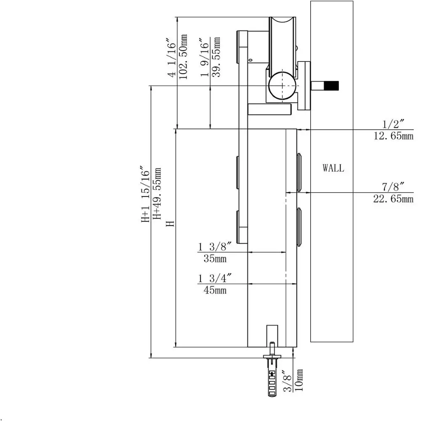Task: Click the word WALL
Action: click(333, 168)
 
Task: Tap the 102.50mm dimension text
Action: click(183, 57)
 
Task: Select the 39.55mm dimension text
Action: click(216, 57)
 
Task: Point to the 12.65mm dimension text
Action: click(394, 136)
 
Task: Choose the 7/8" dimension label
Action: click(393, 187)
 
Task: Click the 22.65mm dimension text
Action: click(393, 199)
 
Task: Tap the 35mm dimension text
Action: click(215, 258)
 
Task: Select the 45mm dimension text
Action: click(215, 290)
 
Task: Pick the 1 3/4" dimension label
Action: click(215, 278)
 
